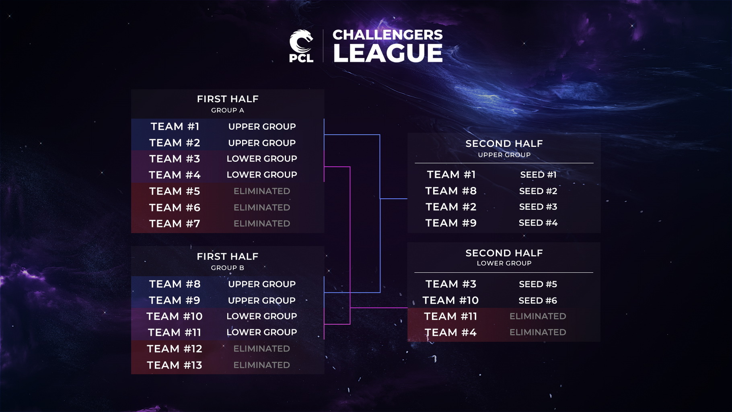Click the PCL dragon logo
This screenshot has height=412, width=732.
(x=301, y=46)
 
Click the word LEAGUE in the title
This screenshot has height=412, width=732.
(x=388, y=53)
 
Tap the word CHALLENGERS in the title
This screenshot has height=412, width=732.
(x=388, y=35)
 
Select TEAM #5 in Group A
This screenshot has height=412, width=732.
(x=175, y=191)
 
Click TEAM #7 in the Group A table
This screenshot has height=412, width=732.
(x=175, y=224)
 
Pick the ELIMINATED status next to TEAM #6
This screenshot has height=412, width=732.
(x=262, y=208)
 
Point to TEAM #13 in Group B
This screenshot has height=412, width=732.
(x=175, y=365)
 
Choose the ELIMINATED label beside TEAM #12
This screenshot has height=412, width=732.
(x=262, y=349)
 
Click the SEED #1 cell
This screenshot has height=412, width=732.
(x=538, y=175)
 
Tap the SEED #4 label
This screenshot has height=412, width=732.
(x=538, y=223)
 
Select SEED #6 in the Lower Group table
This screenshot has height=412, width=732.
(x=538, y=301)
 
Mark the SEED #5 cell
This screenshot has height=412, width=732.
(x=538, y=284)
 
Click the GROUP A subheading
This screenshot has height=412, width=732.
(x=228, y=110)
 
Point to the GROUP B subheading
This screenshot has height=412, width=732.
(x=228, y=268)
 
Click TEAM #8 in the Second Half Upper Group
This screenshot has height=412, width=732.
(x=451, y=191)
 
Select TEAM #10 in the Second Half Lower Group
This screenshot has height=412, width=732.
(x=450, y=301)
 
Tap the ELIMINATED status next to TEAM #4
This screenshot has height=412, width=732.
(x=538, y=332)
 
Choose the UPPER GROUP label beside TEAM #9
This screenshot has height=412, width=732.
(x=262, y=301)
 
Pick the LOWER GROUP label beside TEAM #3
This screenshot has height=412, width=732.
(x=262, y=159)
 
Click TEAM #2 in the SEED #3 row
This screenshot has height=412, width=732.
(x=451, y=207)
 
